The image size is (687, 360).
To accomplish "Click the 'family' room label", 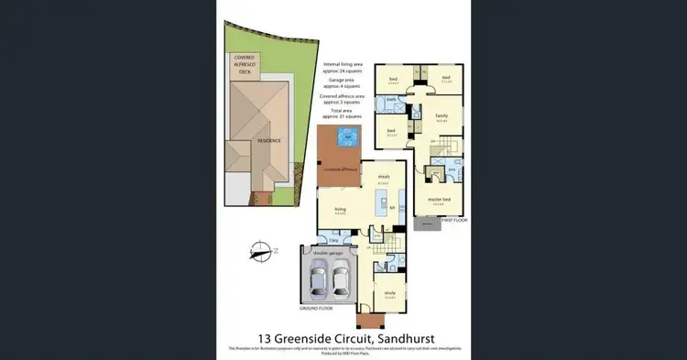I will click(442, 115).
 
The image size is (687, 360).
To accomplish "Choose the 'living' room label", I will click(340, 209).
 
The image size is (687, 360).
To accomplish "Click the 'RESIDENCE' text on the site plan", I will click(269, 140).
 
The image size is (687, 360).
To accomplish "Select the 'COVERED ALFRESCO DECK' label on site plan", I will click(245, 63).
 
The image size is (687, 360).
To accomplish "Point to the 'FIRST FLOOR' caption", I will click(454, 221).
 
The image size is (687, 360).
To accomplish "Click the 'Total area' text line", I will click(343, 110).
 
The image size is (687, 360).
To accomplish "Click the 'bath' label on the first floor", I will click(390, 98).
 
